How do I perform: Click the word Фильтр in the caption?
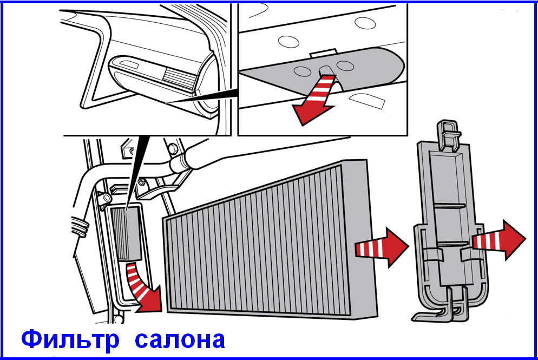click(70, 339)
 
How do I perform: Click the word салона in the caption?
click(180, 339)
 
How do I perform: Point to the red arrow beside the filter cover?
click(499, 240)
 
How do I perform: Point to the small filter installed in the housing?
click(126, 233)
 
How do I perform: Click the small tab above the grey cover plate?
click(323, 53)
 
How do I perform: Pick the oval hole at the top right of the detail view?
click(365, 23)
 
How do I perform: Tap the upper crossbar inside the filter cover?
click(449, 206)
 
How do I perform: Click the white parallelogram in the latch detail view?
click(367, 101)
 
